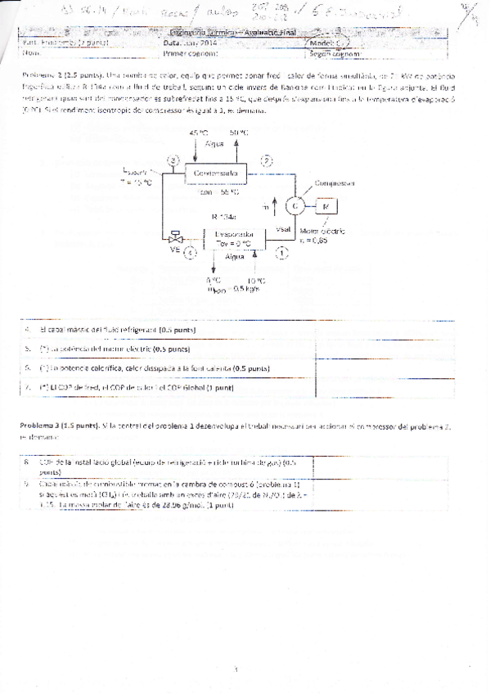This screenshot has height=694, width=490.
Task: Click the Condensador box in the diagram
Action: coord(217,173)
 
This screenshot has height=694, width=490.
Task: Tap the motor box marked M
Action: coord(326,205)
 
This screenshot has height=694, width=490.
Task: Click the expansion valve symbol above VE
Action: coord(174,241)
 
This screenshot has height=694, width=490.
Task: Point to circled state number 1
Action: coord(281,255)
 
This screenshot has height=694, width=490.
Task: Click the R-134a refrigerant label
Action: coord(223,217)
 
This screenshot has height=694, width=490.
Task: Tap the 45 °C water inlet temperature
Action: coord(199,133)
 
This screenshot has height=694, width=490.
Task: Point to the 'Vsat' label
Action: coord(284,228)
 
